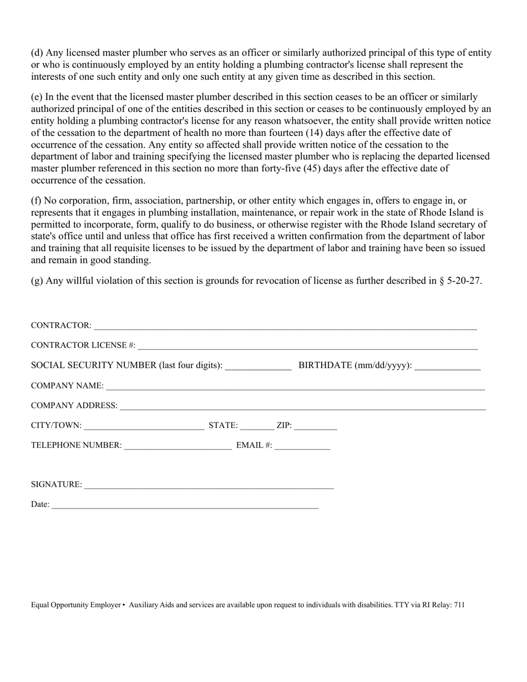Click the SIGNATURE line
[x=209, y=485]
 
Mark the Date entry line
[x=185, y=505]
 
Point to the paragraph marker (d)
[x=37, y=53]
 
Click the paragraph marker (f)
[x=37, y=200]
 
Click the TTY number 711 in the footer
[x=459, y=605]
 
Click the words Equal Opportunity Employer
[x=75, y=605]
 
